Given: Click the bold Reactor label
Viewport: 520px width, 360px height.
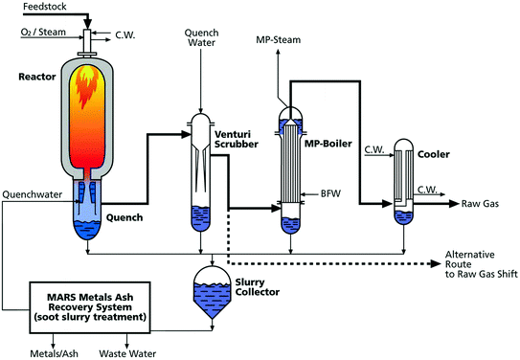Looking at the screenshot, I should (34, 74).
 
